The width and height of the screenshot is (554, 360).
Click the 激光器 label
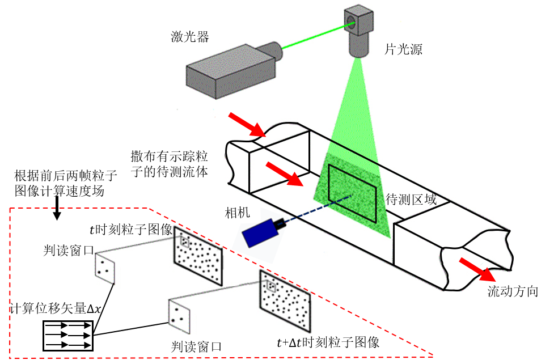coord(190,37)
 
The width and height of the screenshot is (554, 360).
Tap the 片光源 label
coord(404,49)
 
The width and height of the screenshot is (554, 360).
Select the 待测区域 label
coord(411,200)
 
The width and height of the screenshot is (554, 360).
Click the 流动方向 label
coord(513,292)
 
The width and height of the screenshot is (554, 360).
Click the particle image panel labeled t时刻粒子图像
coord(198,256)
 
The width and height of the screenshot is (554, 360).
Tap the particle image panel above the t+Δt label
coord(285,301)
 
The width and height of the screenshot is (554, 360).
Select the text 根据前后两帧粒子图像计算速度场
coord(58,183)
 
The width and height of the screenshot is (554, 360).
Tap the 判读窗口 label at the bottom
coord(196,346)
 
